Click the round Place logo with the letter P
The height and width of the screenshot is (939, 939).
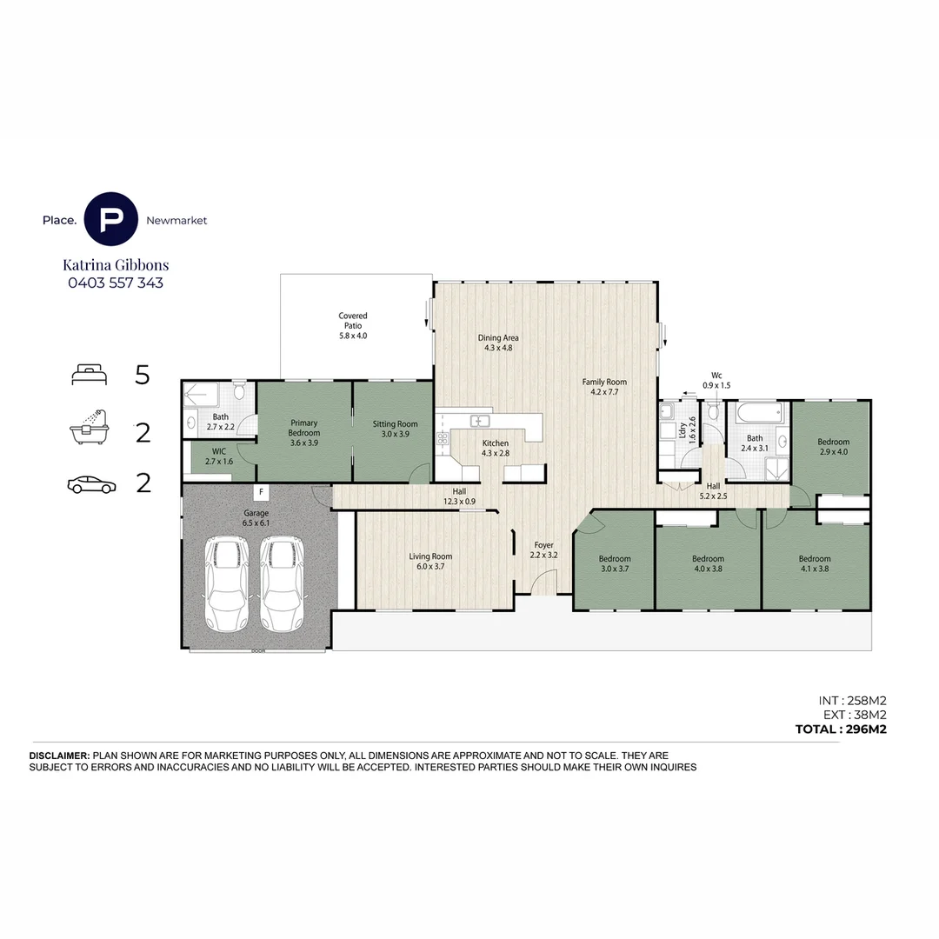pos(110,220)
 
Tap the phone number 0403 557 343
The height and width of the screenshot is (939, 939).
pos(116,283)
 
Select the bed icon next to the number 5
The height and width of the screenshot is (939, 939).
pos(90,376)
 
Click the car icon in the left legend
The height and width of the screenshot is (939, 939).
pos(90,485)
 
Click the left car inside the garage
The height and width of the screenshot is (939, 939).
pos(225,583)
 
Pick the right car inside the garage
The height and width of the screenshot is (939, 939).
pos(283,583)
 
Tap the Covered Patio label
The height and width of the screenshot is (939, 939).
pos(353,326)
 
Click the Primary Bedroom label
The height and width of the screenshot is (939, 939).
pos(304,432)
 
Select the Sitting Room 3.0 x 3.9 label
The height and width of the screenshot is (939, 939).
pos(396,430)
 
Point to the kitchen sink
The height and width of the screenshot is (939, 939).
pos(479,422)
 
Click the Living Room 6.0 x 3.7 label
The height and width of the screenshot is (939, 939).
pos(430,562)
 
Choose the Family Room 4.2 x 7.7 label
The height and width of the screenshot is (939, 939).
pos(604,387)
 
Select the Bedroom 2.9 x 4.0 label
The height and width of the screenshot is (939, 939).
pos(833,447)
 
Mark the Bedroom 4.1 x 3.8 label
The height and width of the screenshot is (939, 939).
pos(815,564)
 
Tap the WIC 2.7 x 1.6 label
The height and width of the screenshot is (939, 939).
pos(219,456)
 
